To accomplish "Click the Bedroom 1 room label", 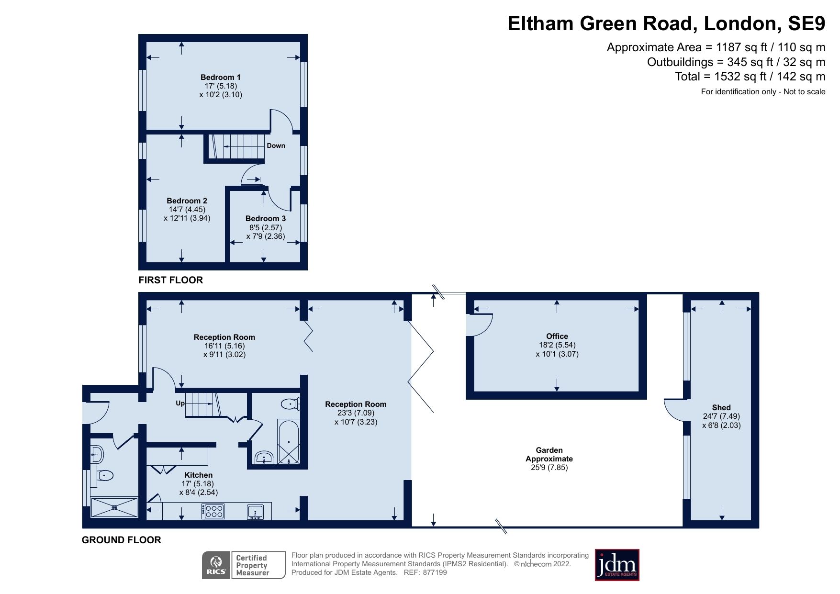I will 220,77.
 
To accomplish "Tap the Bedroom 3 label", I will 265,218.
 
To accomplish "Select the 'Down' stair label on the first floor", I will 276,146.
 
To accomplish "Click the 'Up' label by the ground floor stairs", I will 180,403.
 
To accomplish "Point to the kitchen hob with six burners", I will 213,511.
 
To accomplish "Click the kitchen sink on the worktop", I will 256,512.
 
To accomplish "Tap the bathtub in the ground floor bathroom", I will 289,441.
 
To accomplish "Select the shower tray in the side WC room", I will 114,507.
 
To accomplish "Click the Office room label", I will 557,336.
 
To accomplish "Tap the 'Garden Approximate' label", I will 549,454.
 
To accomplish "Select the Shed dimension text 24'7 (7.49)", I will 721,416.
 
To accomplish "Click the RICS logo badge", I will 216,565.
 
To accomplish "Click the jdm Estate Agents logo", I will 616,565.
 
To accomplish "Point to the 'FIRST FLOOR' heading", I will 170,280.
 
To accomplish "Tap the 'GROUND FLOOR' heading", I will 121,540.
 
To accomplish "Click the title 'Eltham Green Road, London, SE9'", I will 666,23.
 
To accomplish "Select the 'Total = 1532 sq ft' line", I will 750,77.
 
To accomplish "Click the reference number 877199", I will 435,572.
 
